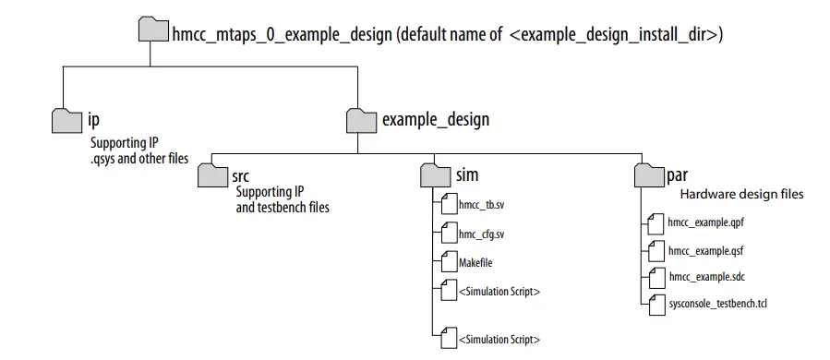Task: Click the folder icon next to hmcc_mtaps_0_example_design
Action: pos(154,30)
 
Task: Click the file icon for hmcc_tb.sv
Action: pos(450,205)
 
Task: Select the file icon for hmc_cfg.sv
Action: pos(450,234)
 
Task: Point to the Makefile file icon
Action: pos(450,262)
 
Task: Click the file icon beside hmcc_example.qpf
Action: pos(656,222)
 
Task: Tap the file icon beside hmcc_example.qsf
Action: pos(656,249)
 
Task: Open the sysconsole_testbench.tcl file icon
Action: pos(656,304)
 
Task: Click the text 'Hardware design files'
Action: pos(741,195)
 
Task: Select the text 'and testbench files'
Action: pos(283,208)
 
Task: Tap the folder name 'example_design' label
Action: pos(435,119)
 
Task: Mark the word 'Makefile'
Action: pos(476,263)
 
